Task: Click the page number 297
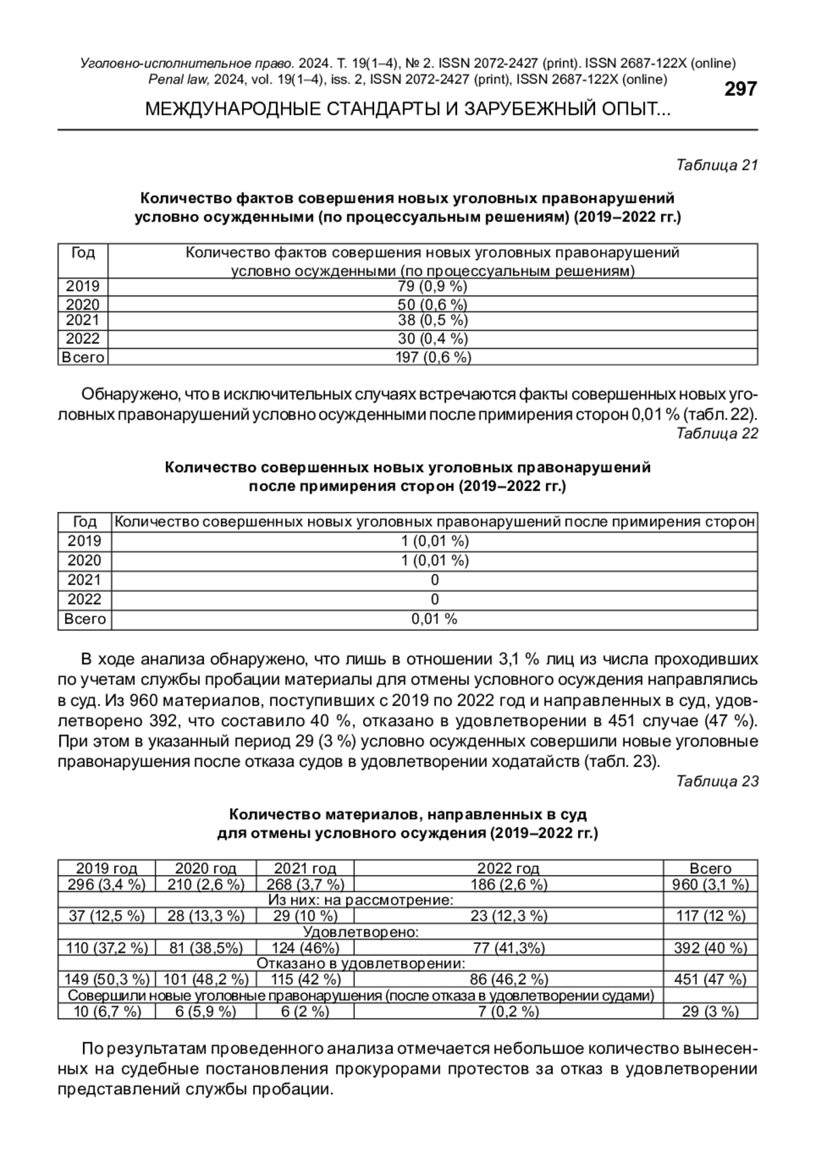click(x=740, y=89)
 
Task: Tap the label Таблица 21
click(x=717, y=165)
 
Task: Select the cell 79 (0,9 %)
click(x=432, y=286)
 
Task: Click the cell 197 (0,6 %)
click(x=432, y=357)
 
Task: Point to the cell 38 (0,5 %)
click(x=432, y=320)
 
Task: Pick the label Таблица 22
click(x=717, y=433)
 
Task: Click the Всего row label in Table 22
click(x=85, y=619)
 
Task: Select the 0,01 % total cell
click(x=435, y=619)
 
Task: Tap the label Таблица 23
click(x=717, y=781)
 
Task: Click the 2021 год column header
click(x=305, y=868)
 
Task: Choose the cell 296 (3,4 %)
click(x=107, y=884)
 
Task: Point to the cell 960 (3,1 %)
click(x=710, y=884)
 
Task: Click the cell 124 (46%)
click(x=305, y=947)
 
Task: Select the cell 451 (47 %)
click(x=710, y=979)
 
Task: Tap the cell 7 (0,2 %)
click(x=508, y=1011)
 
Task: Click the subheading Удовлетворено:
click(x=360, y=932)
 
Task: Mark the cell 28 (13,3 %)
click(x=205, y=915)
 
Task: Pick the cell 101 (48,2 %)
click(x=205, y=979)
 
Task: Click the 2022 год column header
click(x=508, y=868)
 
